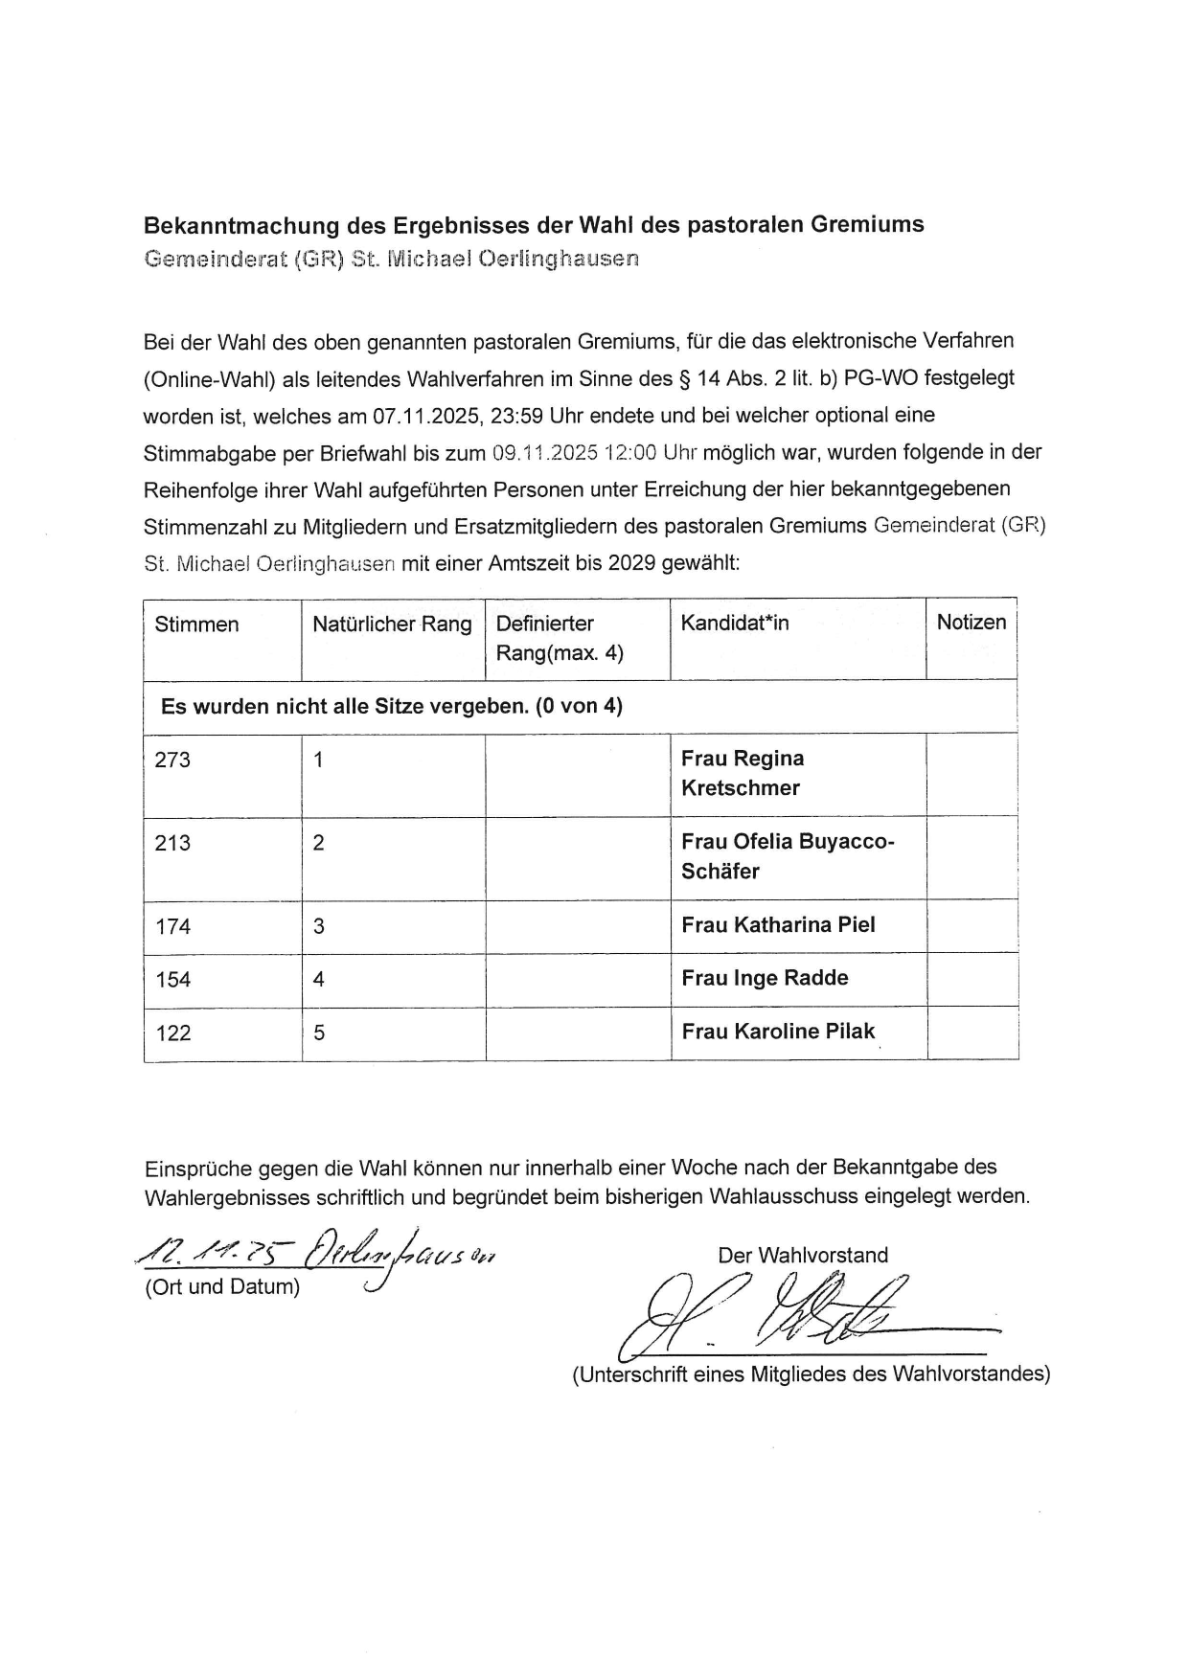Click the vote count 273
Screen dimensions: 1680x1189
172,761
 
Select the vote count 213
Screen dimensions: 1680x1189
172,844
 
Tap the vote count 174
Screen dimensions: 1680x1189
172,927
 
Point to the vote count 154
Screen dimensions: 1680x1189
172,980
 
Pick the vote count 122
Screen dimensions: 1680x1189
172,1033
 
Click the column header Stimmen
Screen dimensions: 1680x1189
196,624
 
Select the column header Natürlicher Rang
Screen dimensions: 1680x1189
392,624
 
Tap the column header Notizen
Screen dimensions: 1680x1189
972,623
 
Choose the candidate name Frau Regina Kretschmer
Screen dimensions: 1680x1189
743,773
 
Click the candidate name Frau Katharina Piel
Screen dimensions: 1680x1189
778,925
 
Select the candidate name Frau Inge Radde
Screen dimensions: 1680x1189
765,978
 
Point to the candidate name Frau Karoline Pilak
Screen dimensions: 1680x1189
778,1032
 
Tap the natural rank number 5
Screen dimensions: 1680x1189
319,1033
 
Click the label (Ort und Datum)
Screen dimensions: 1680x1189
222,1287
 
